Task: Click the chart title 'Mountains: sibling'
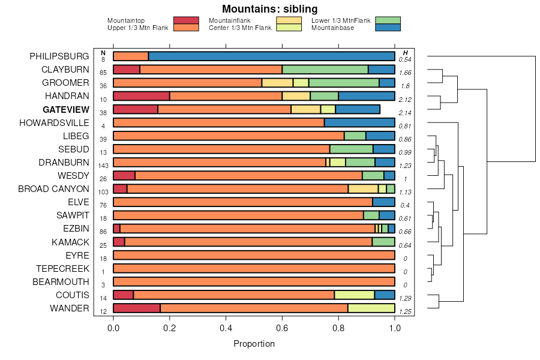point(269,9)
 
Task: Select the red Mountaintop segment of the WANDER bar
point(137,308)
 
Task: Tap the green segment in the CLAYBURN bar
point(325,70)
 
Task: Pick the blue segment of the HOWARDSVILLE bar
point(359,122)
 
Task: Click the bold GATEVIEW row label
point(66,110)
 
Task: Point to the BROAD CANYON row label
point(53,189)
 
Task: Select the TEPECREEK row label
point(62,269)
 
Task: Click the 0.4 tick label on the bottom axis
point(226,328)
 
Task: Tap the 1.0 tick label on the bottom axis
point(395,328)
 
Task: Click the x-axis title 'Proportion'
point(254,344)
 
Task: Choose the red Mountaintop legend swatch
point(186,20)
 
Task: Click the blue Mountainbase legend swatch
point(388,28)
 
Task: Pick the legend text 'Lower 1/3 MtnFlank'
point(341,20)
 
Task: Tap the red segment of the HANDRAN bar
point(142,96)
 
